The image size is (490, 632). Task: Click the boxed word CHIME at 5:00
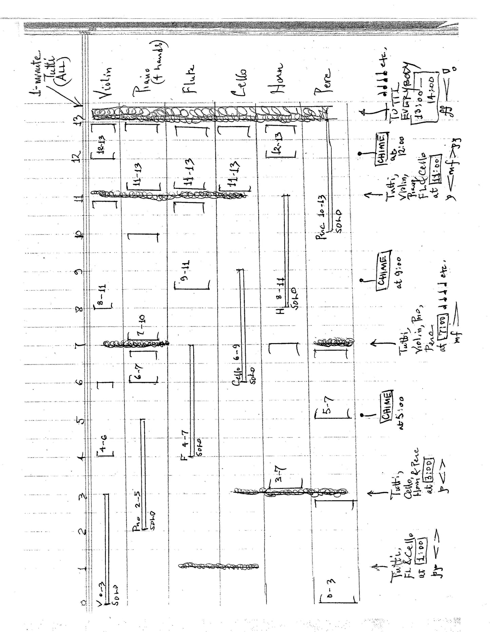387,404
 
